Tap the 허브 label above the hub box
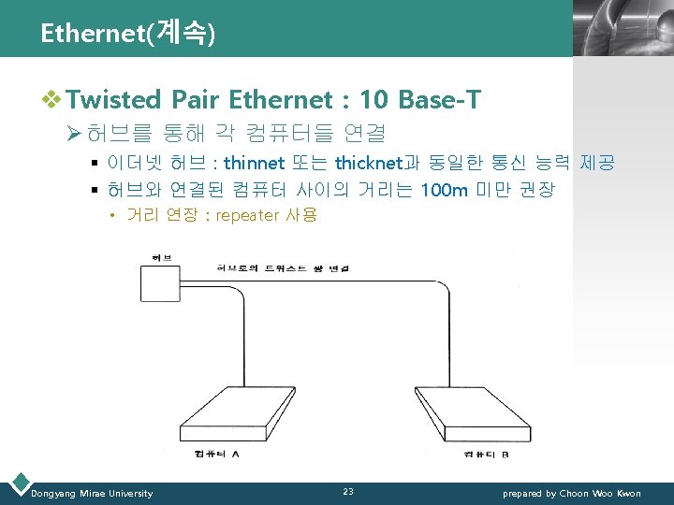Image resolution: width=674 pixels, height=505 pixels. click(x=160, y=257)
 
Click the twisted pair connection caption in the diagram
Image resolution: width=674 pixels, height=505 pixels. click(x=282, y=268)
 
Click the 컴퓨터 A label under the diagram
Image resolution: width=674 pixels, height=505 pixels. click(x=218, y=454)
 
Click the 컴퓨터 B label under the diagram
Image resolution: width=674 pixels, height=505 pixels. click(x=486, y=454)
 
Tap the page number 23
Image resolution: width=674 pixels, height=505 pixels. click(x=348, y=492)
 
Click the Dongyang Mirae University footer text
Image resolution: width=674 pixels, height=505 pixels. click(x=92, y=493)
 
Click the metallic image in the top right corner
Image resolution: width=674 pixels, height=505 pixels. click(x=622, y=28)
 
